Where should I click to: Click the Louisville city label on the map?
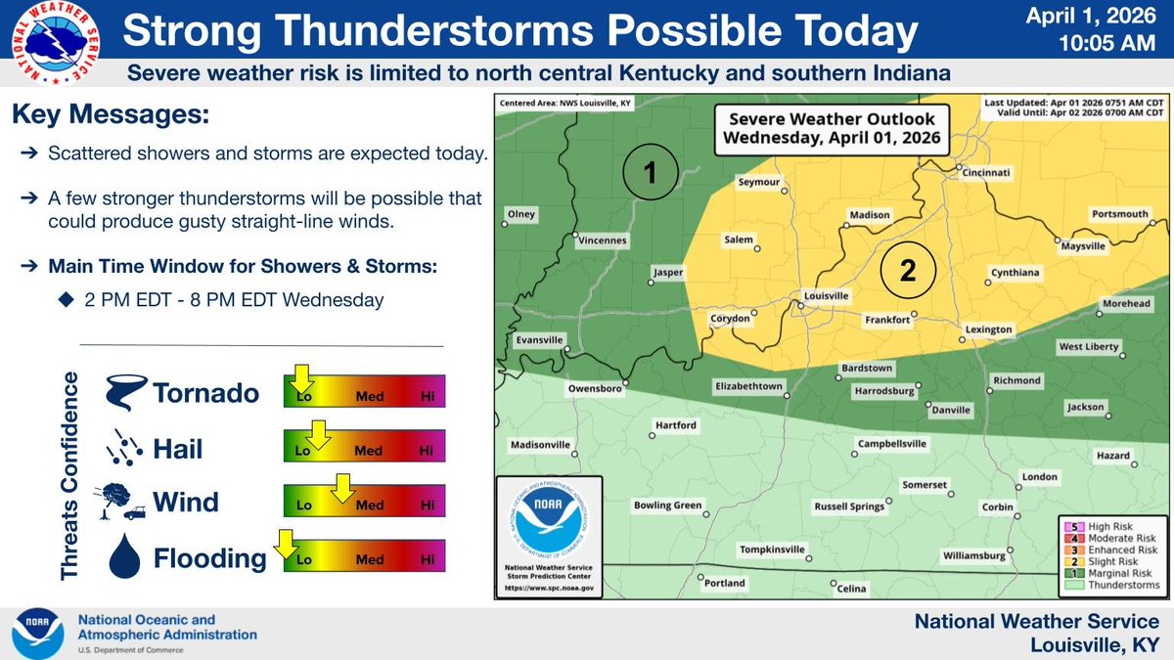826,295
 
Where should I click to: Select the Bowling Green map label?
667,506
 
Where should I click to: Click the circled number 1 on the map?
652,173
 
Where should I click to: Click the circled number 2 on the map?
907,273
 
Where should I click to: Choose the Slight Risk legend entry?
1111,563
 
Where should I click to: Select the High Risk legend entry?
1111,528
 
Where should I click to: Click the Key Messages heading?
111,115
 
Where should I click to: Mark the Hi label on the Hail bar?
426,451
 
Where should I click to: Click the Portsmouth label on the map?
1120,214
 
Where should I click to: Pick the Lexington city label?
988,330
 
